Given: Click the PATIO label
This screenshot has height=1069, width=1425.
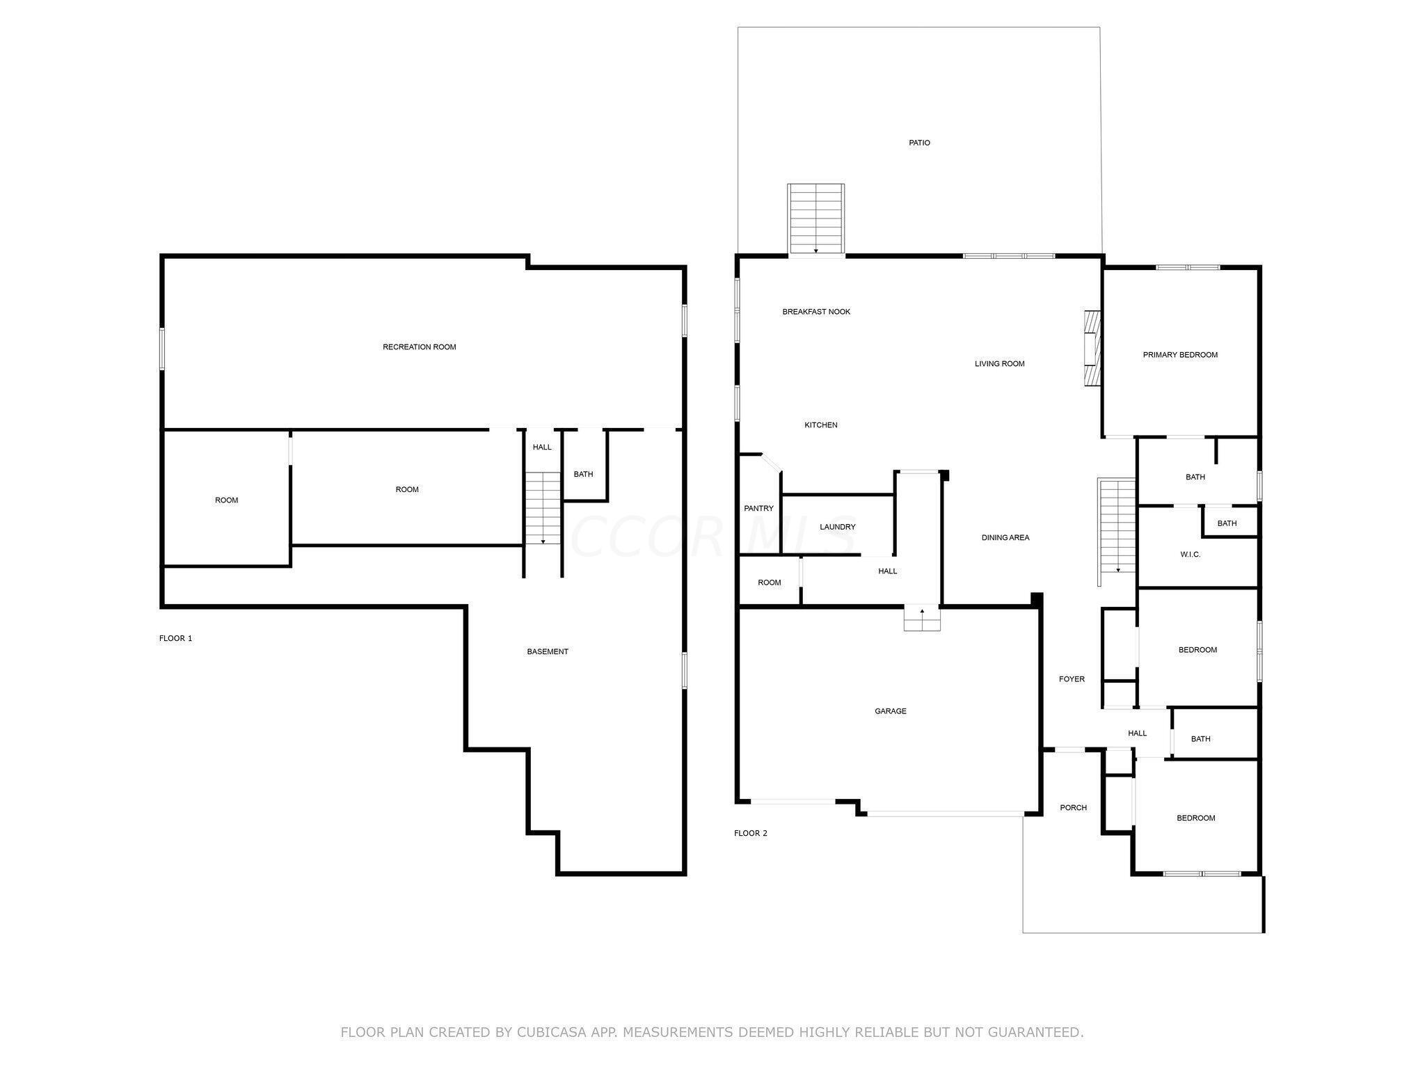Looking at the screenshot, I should pyautogui.click(x=919, y=143).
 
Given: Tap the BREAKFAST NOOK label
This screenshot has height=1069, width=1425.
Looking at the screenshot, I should pyautogui.click(x=816, y=312).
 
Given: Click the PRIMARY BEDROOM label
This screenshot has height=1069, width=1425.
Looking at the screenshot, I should pyautogui.click(x=1180, y=355).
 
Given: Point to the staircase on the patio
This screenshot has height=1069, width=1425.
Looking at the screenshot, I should pyautogui.click(x=816, y=219).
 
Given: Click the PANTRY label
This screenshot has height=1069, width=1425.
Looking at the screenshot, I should pyautogui.click(x=758, y=509).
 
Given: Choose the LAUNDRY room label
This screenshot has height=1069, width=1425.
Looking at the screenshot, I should pyautogui.click(x=837, y=528).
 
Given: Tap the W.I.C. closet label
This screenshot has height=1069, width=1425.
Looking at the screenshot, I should pyautogui.click(x=1191, y=555).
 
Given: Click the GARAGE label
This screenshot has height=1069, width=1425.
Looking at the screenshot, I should pyautogui.click(x=891, y=711).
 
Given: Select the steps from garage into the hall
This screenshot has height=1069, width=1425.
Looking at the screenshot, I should pyautogui.click(x=922, y=619).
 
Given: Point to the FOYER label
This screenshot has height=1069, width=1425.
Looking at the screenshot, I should pyautogui.click(x=1072, y=679).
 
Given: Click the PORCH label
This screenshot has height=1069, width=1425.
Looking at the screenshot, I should pyautogui.click(x=1074, y=808).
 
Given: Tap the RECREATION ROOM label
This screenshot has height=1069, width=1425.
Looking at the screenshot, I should pyautogui.click(x=420, y=347).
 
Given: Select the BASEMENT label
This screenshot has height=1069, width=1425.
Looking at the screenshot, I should pyautogui.click(x=548, y=652).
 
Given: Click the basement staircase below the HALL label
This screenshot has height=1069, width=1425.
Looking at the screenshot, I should pyautogui.click(x=543, y=508).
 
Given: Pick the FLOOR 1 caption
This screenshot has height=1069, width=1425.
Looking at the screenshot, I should pyautogui.click(x=175, y=638).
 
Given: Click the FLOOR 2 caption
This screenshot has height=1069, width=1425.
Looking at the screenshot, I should pyautogui.click(x=751, y=833).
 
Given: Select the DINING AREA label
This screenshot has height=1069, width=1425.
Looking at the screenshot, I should pyautogui.click(x=1005, y=538).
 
